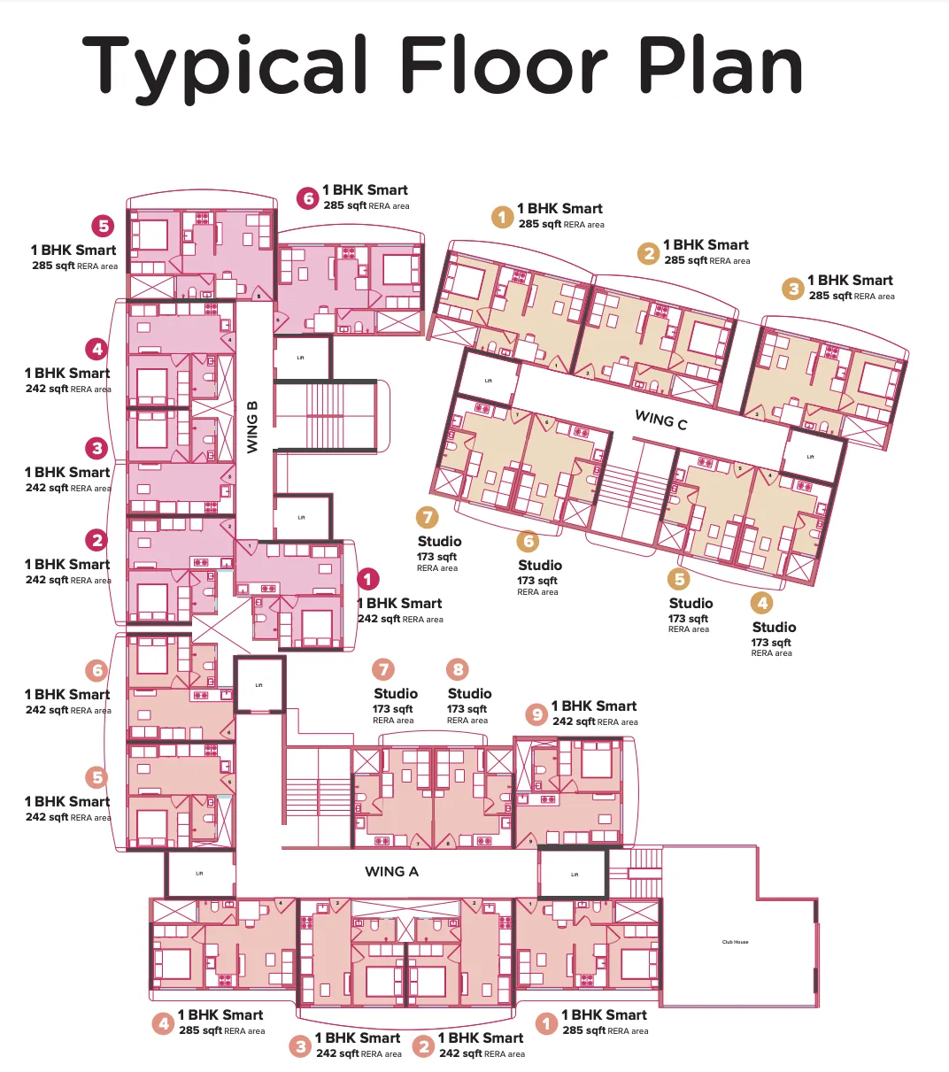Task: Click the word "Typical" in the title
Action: click(226, 67)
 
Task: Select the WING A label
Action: click(391, 872)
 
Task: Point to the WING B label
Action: click(252, 427)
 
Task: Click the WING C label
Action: click(660, 420)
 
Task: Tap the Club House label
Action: click(735, 942)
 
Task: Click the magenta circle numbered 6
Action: click(308, 198)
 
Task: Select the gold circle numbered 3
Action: click(793, 289)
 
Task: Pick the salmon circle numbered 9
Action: click(536, 714)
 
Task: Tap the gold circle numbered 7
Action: click(428, 517)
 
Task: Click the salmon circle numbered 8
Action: click(458, 669)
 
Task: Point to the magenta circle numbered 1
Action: click(368, 579)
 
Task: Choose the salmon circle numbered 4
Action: click(163, 1024)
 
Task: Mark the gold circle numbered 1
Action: click(503, 217)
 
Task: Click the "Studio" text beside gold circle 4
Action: click(774, 627)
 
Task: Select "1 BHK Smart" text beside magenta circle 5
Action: click(73, 251)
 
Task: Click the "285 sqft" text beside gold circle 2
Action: click(685, 260)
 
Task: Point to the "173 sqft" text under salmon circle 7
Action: click(393, 709)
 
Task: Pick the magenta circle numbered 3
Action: click(97, 448)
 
